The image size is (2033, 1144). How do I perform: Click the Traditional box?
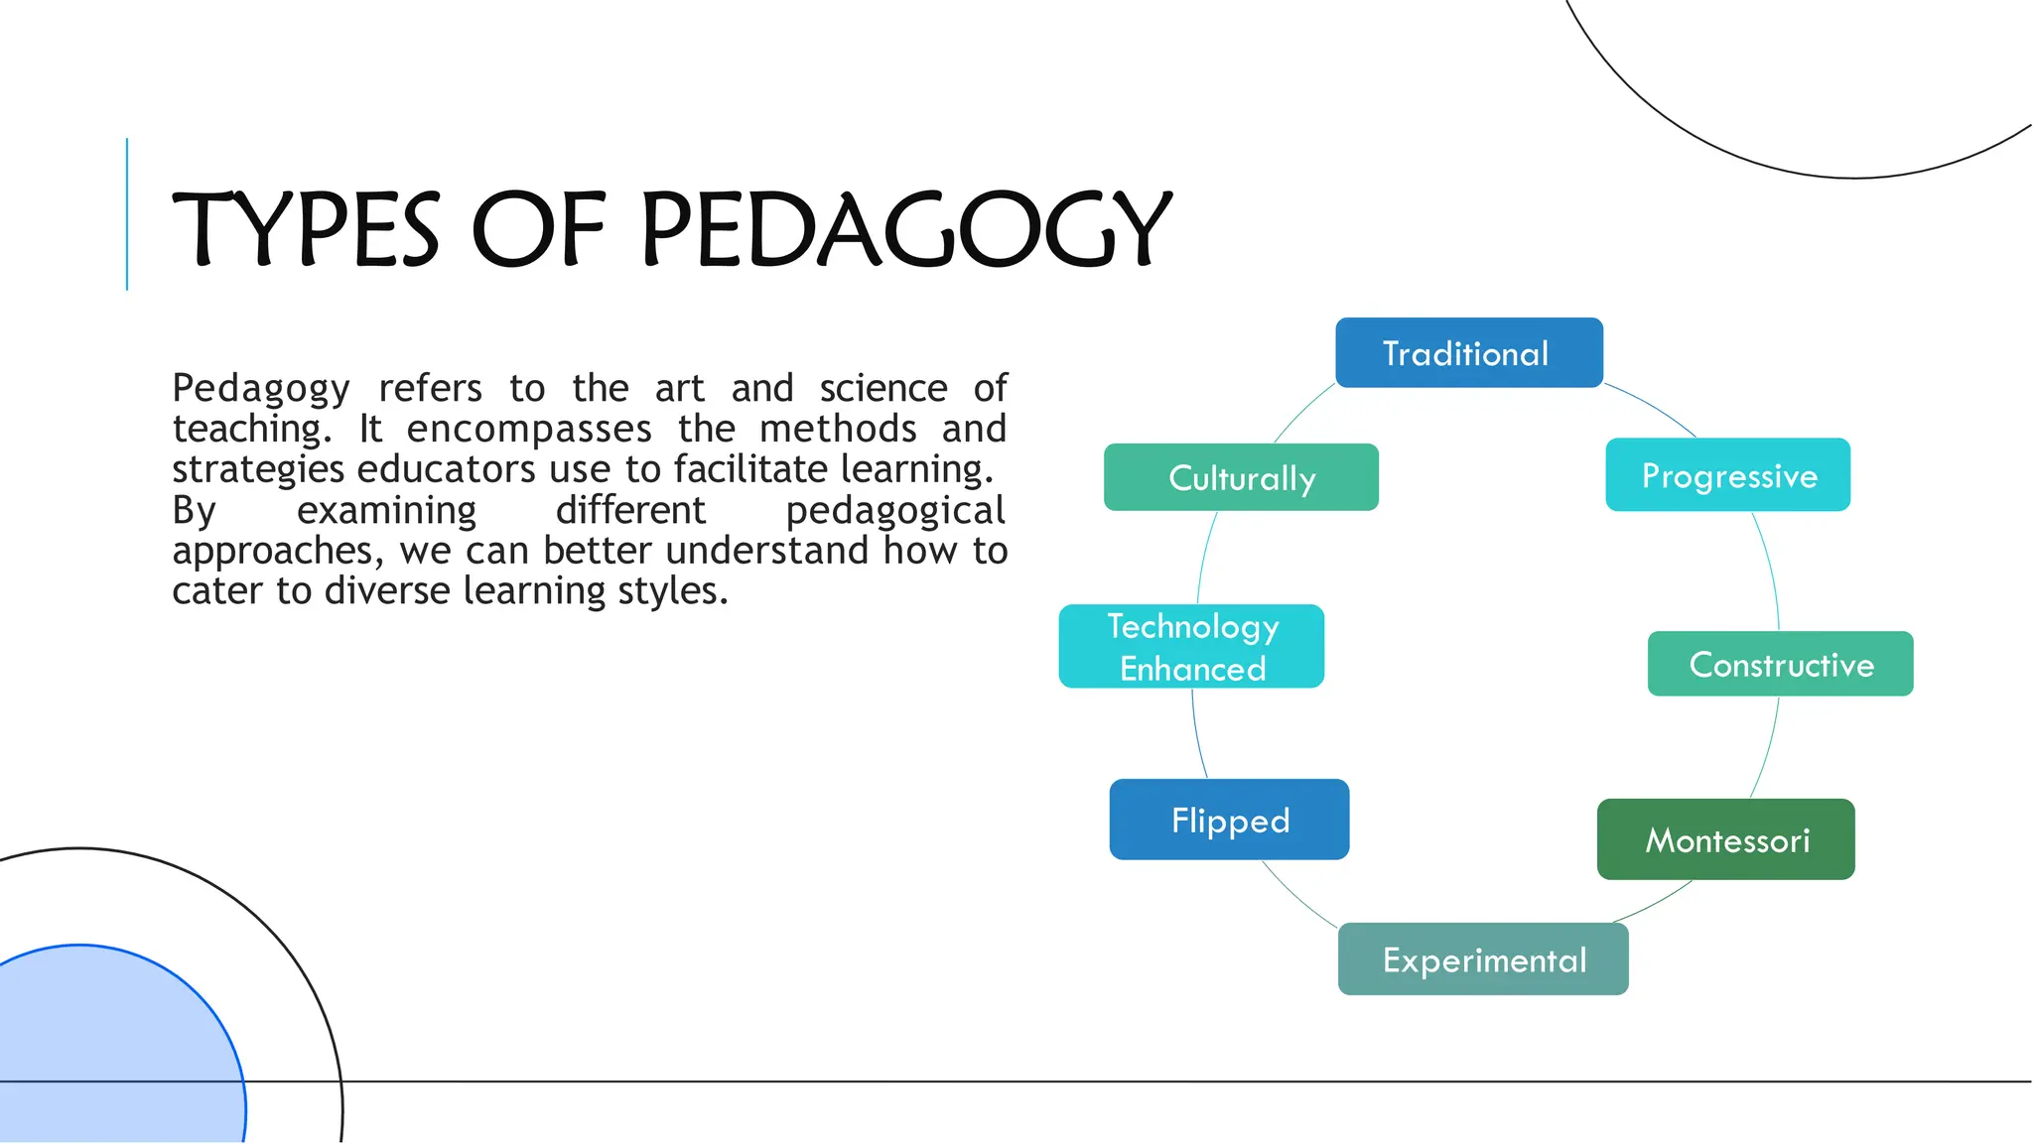(x=1468, y=353)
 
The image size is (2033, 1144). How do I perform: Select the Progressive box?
(x=1727, y=475)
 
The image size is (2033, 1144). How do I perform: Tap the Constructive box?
(x=1780, y=664)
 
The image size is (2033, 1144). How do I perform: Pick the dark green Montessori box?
(x=1725, y=839)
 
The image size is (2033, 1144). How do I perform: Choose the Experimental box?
(x=1483, y=959)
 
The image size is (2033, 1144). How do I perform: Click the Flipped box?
(x=1229, y=820)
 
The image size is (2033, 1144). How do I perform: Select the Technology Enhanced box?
(x=1191, y=647)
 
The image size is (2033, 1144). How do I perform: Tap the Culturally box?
(x=1241, y=477)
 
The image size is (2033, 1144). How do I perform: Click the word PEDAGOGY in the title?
(x=905, y=230)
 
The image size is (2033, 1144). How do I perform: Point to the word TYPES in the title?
(x=306, y=230)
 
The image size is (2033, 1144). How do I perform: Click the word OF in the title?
(x=538, y=230)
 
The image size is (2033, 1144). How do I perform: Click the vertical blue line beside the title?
(x=127, y=214)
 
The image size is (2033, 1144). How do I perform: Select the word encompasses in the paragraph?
(x=529, y=429)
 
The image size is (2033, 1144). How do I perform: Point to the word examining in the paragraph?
(x=386, y=510)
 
